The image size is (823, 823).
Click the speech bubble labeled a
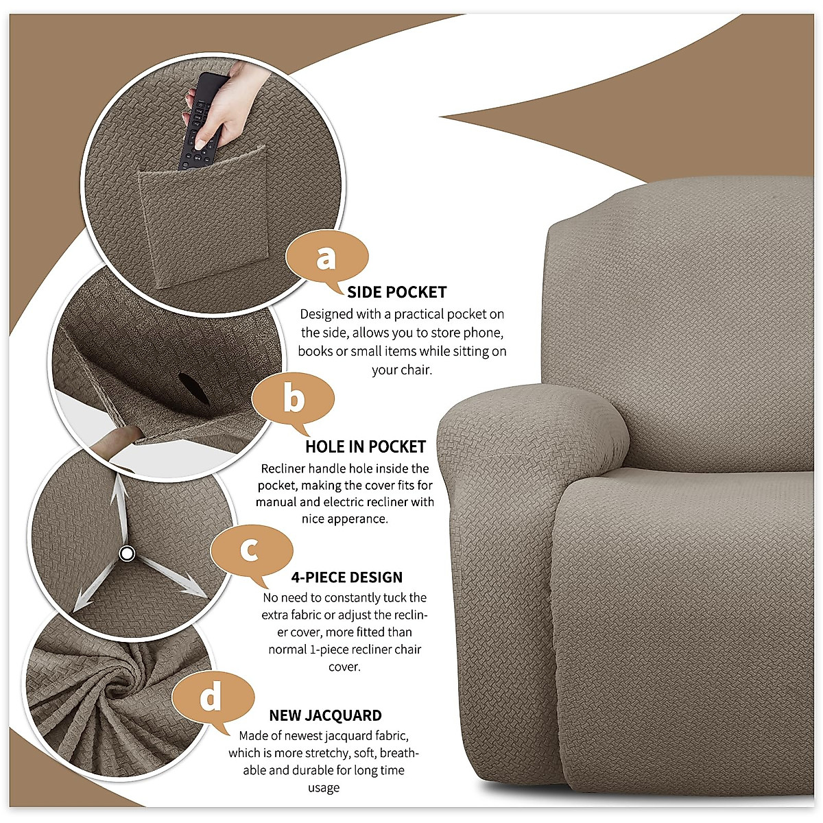point(326,259)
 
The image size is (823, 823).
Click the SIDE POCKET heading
point(396,292)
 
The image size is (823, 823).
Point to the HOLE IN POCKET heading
point(366,446)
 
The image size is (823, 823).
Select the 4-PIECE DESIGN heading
point(346,577)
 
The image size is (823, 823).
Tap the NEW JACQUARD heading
point(325,715)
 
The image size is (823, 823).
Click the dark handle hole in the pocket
point(191,387)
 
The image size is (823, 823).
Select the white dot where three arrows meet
point(126,553)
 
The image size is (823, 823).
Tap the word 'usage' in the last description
point(323,788)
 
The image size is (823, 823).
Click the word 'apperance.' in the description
point(345,519)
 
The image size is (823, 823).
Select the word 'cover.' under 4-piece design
point(344,667)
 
